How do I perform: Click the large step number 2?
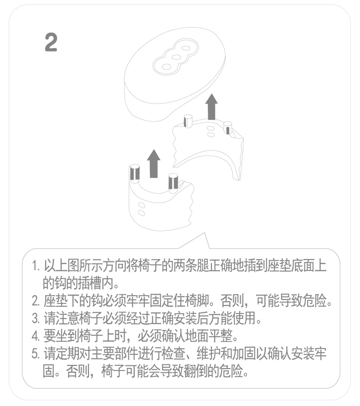(x=51, y=42)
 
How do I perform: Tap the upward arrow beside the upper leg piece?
(x=211, y=107)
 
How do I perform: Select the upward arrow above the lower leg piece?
(x=154, y=164)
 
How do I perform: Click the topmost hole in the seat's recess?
(x=185, y=48)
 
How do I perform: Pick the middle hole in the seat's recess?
(x=176, y=57)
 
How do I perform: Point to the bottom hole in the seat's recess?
(x=166, y=67)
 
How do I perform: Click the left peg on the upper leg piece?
(x=188, y=121)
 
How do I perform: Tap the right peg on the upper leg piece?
(x=227, y=127)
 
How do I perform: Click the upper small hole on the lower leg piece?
(x=142, y=205)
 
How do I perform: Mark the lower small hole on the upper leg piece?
(x=211, y=135)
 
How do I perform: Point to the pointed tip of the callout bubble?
(x=205, y=233)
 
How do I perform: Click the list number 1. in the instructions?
(x=36, y=266)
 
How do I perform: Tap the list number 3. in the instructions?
(x=36, y=318)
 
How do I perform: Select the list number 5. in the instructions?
(x=36, y=354)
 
